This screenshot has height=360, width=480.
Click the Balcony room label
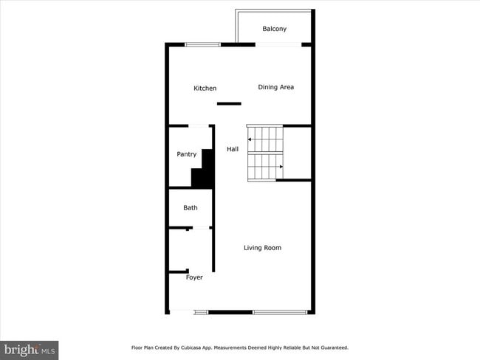[x=274, y=29]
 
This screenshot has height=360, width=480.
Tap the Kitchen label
[x=205, y=89]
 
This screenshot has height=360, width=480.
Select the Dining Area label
[x=275, y=87]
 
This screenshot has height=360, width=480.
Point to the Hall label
[x=233, y=149]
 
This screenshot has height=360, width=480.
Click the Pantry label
[x=186, y=154]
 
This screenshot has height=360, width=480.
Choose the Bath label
[x=190, y=208]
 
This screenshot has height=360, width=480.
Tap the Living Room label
[x=262, y=248]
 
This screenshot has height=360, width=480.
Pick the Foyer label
[x=194, y=277]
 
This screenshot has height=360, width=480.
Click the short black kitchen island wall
[x=229, y=104]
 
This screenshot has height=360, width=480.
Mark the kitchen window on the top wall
[x=202, y=45]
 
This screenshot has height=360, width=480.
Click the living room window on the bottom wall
[x=280, y=313]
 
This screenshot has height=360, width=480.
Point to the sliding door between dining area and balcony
[x=278, y=45]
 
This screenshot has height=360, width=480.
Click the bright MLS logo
[x=30, y=349]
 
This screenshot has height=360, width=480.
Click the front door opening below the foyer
[x=182, y=313]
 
